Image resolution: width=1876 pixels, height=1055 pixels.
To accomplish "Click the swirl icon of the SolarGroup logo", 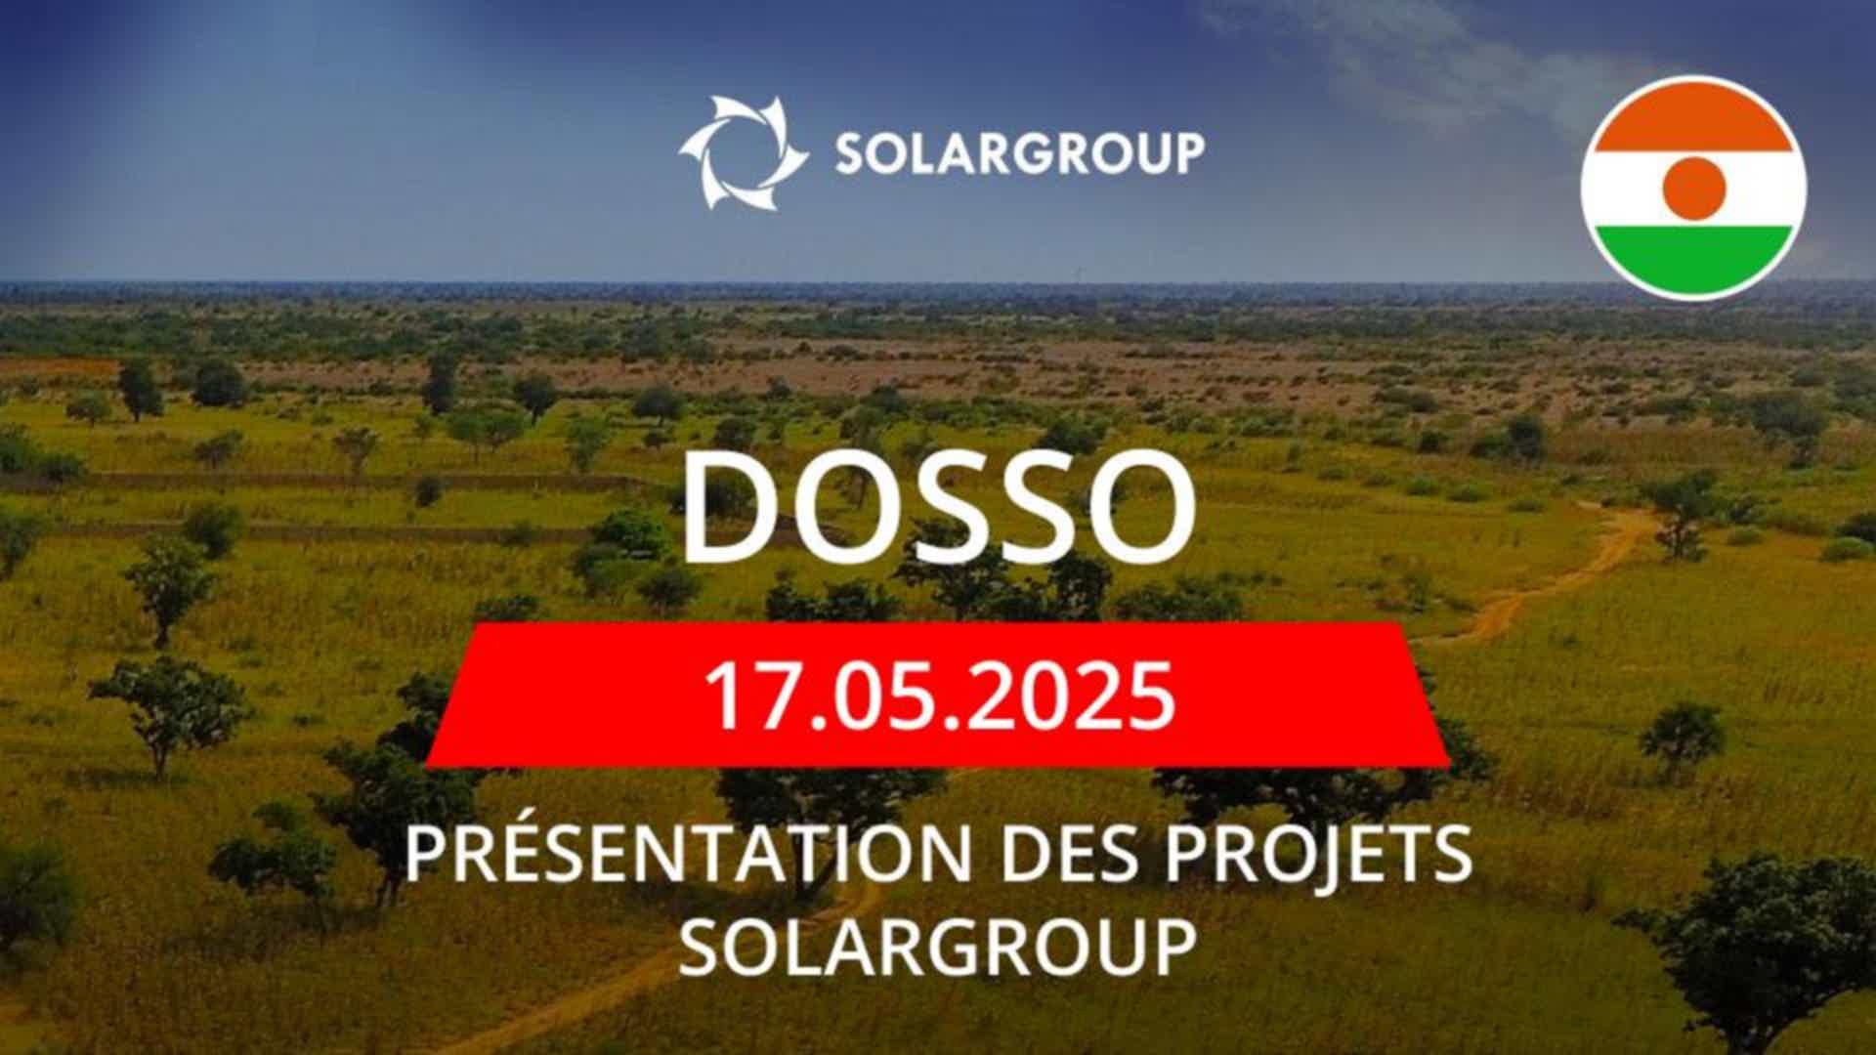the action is (743, 152).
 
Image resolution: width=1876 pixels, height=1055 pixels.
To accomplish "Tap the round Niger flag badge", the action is (1693, 188).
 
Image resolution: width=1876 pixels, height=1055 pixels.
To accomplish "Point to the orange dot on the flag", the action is (1693, 188).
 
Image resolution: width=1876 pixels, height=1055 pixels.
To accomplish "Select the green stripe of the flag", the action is (1693, 261).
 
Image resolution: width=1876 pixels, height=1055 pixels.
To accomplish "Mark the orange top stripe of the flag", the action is (1693, 114).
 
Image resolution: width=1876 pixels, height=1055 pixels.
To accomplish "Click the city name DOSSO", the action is (938, 508).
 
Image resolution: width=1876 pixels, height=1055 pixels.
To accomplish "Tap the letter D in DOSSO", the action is (728, 508).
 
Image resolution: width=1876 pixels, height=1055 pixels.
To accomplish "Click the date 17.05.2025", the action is (939, 696).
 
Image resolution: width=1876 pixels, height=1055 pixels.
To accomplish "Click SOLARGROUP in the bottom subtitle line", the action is (938, 947).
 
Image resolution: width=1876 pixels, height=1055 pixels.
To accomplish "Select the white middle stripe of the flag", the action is (1693, 189).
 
